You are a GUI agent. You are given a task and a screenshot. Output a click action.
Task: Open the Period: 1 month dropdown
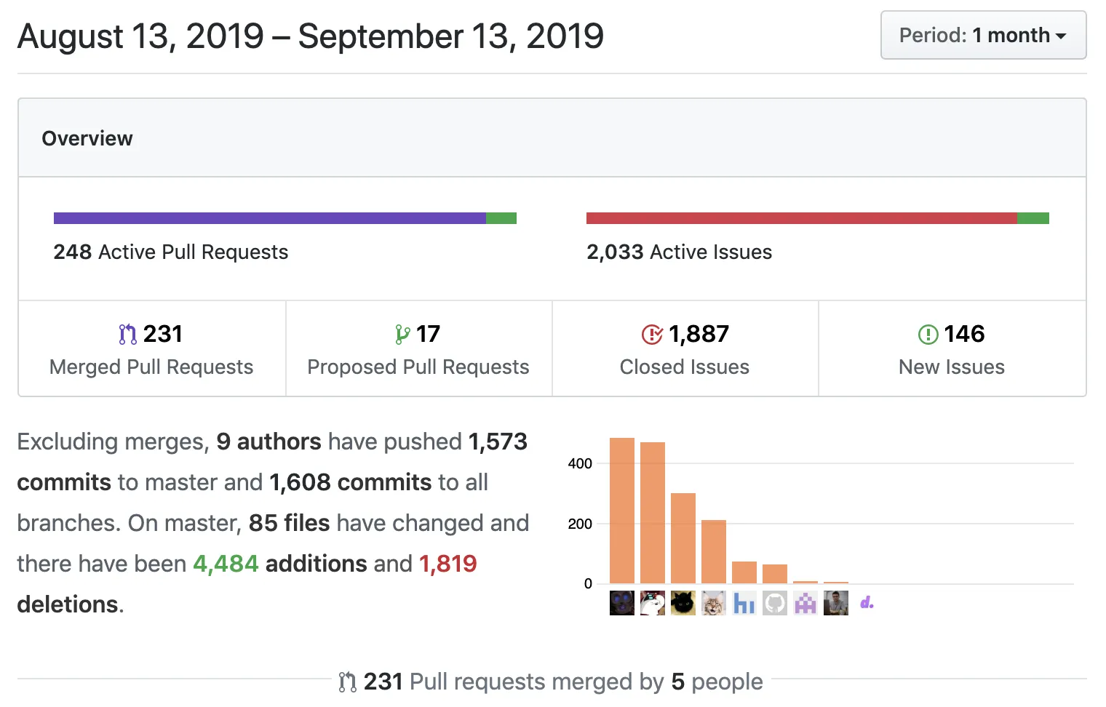pyautogui.click(x=983, y=35)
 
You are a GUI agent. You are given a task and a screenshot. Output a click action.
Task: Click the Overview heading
pyautogui.click(x=87, y=138)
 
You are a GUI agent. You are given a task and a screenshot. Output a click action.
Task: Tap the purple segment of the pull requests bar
pyautogui.click(x=269, y=218)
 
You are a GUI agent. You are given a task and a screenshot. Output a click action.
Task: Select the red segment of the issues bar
pyautogui.click(x=800, y=218)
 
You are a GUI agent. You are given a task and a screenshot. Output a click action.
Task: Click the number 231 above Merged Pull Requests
pyautogui.click(x=162, y=334)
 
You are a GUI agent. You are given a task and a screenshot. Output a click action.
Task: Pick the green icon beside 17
pyautogui.click(x=402, y=335)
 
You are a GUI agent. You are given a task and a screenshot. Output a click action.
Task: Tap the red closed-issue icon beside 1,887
pyautogui.click(x=652, y=335)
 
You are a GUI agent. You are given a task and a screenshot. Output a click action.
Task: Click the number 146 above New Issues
pyautogui.click(x=964, y=334)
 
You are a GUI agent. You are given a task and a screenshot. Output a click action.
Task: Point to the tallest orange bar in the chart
pyautogui.click(x=622, y=510)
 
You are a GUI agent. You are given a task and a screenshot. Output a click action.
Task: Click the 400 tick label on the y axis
pyautogui.click(x=580, y=463)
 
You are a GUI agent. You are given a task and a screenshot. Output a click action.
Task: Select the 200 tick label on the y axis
pyautogui.click(x=580, y=524)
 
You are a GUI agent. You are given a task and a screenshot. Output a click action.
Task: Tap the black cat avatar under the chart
pyautogui.click(x=683, y=603)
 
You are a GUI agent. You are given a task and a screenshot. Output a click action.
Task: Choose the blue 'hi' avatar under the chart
pyautogui.click(x=744, y=603)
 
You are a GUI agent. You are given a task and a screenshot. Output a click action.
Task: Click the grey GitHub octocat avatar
pyautogui.click(x=775, y=603)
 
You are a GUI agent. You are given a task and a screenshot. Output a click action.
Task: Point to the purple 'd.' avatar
pyautogui.click(x=867, y=603)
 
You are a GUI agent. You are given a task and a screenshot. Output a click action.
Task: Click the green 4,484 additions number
pyautogui.click(x=226, y=564)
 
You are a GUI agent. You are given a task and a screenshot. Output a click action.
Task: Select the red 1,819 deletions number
pyautogui.click(x=447, y=564)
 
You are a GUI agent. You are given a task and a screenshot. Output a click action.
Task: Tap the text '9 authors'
pyautogui.click(x=268, y=442)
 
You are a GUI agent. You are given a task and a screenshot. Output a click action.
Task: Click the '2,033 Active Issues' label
pyautogui.click(x=679, y=252)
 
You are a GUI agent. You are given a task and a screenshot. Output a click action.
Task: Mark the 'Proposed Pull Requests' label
pyautogui.click(x=418, y=367)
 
